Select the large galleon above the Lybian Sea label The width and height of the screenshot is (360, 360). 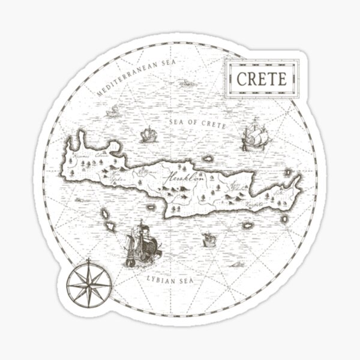pyautogui.click(x=142, y=245)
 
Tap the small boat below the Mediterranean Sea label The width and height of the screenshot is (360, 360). pyautogui.click(x=113, y=111)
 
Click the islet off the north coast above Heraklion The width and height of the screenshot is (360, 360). pyautogui.click(x=208, y=159)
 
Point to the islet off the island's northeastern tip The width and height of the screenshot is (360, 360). pyautogui.click(x=288, y=173)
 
